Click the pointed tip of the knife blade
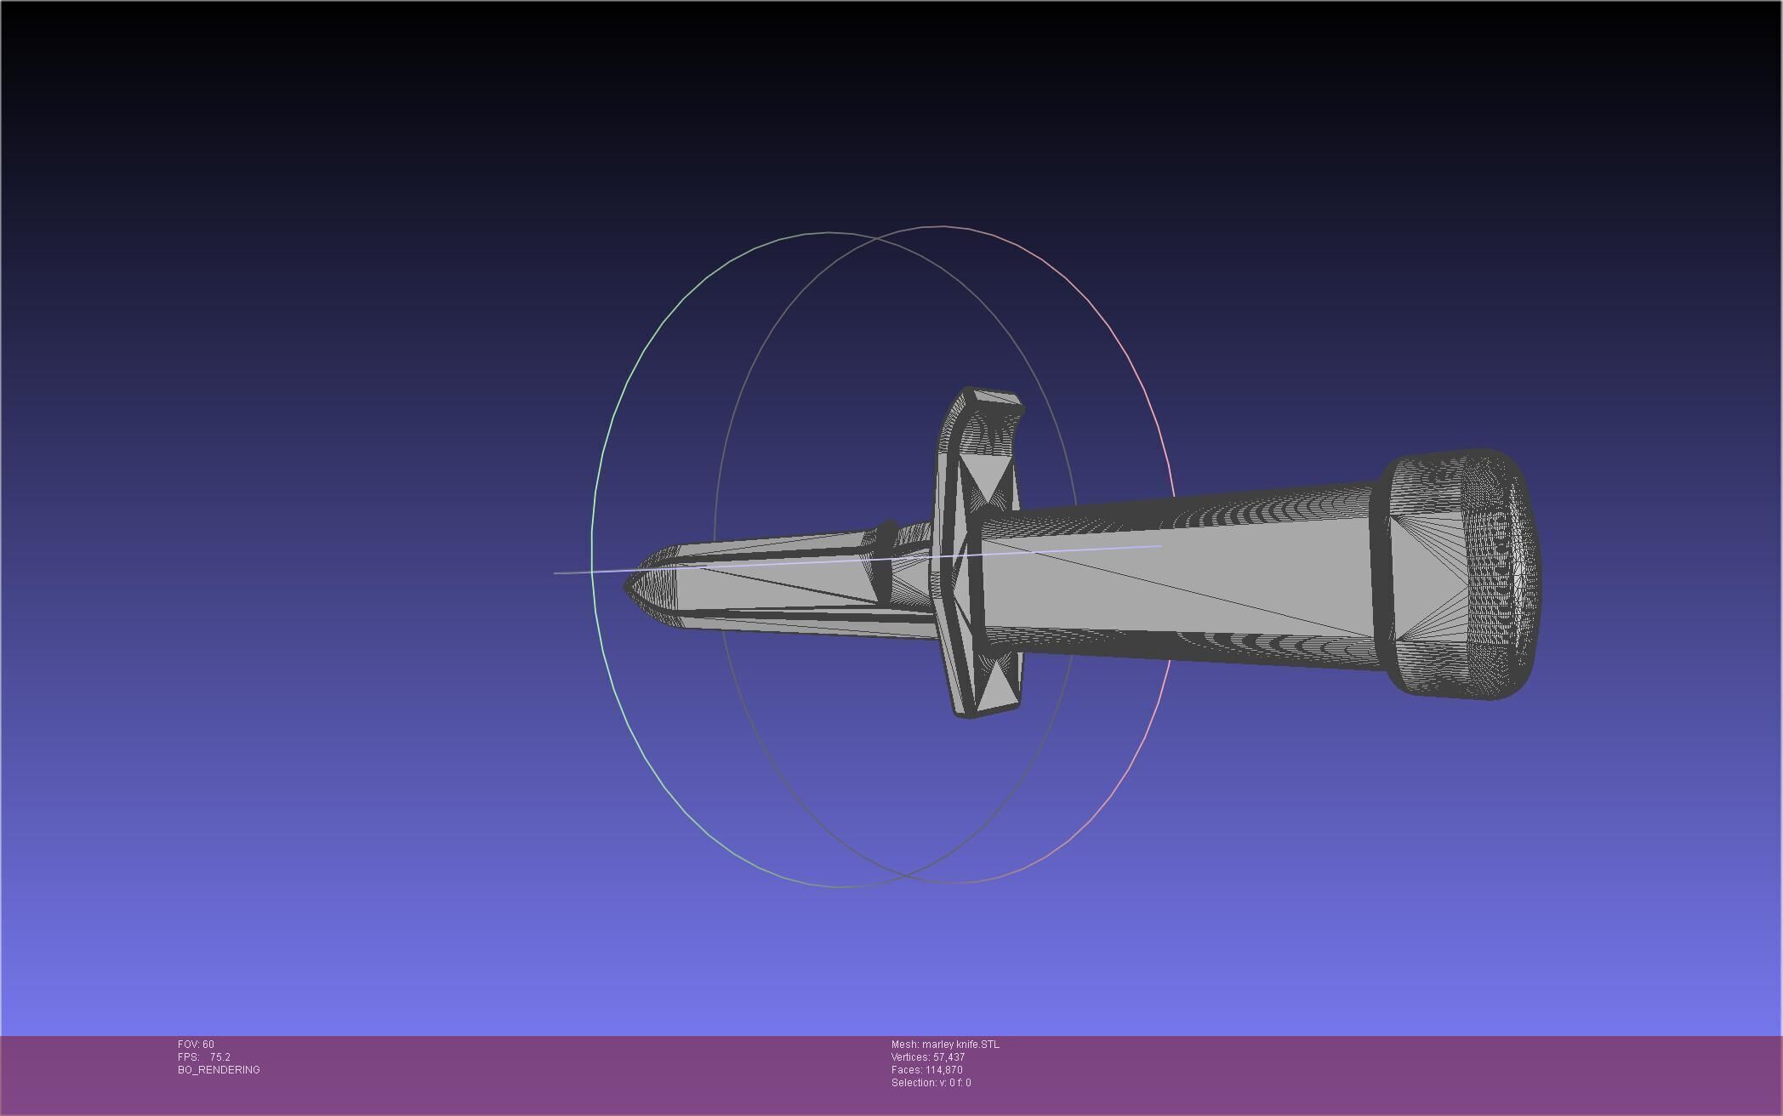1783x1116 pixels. tap(627, 586)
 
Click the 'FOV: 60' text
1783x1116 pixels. tap(196, 1045)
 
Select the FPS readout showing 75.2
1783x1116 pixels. tap(204, 1057)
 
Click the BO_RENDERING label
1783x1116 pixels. tap(219, 1070)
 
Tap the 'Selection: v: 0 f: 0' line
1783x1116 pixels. tap(931, 1083)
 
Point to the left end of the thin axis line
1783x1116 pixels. tap(555, 573)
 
